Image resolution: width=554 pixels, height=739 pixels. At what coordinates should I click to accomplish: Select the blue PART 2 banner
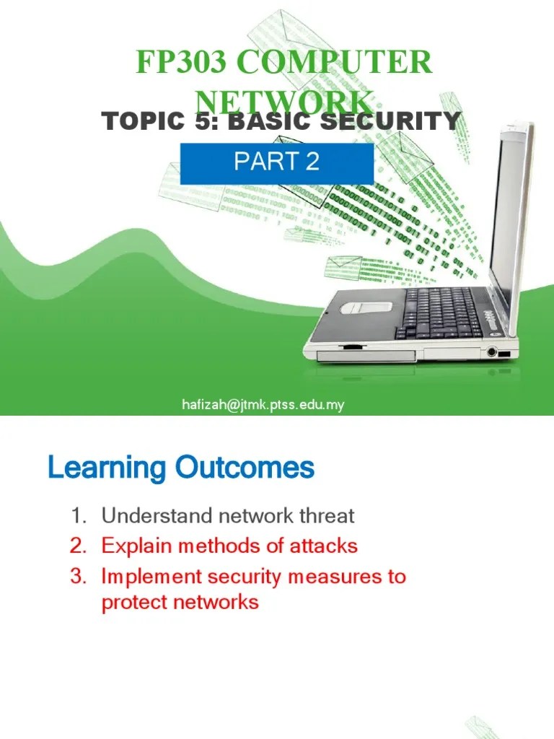tap(276, 163)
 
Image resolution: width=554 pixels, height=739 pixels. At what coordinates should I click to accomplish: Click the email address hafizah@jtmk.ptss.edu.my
tap(263, 405)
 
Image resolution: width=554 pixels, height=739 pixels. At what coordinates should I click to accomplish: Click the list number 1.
tap(77, 516)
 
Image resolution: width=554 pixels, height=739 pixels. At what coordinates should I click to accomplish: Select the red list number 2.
tap(77, 546)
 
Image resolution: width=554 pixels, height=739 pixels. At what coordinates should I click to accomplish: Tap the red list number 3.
tap(77, 577)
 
